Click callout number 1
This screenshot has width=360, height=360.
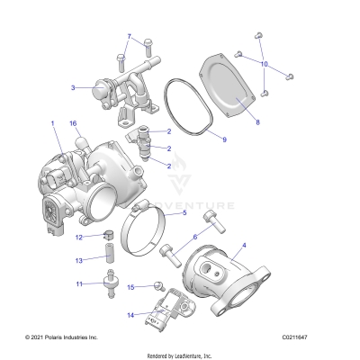[52, 121]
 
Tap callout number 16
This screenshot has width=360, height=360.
[74, 122]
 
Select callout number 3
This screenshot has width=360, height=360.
[73, 88]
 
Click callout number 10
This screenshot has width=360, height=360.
[265, 64]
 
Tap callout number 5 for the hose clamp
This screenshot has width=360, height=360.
[184, 214]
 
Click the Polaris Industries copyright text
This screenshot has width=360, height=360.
[51, 337]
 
